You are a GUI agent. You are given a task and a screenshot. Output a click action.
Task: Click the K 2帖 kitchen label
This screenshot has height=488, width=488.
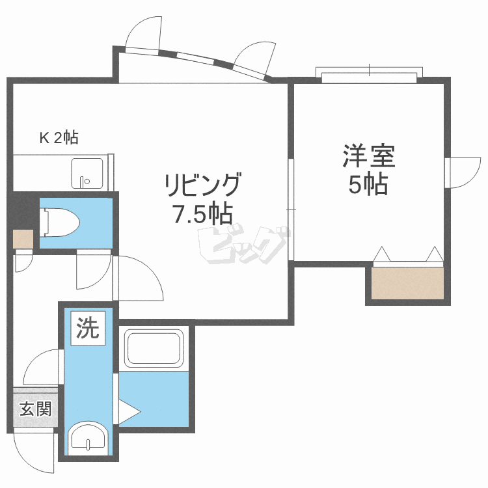point(59,138)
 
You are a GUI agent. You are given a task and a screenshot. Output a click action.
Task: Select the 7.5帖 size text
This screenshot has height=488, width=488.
point(202,214)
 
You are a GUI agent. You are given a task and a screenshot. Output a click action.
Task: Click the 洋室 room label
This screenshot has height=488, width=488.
point(368,157)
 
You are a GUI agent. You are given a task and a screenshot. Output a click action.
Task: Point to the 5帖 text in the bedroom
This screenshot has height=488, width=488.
point(368,185)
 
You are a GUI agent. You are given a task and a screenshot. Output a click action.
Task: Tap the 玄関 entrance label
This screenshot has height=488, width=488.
point(35,409)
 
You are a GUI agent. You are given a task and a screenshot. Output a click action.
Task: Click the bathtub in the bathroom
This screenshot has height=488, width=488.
point(155,349)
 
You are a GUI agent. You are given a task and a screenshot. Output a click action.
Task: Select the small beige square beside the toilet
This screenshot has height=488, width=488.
point(23,239)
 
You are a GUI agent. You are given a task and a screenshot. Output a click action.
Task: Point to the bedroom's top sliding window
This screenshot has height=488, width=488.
point(369,76)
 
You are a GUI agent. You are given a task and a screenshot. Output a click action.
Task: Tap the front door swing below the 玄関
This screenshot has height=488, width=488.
point(36,452)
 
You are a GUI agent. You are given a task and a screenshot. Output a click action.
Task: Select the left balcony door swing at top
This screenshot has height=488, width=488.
point(143,34)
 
